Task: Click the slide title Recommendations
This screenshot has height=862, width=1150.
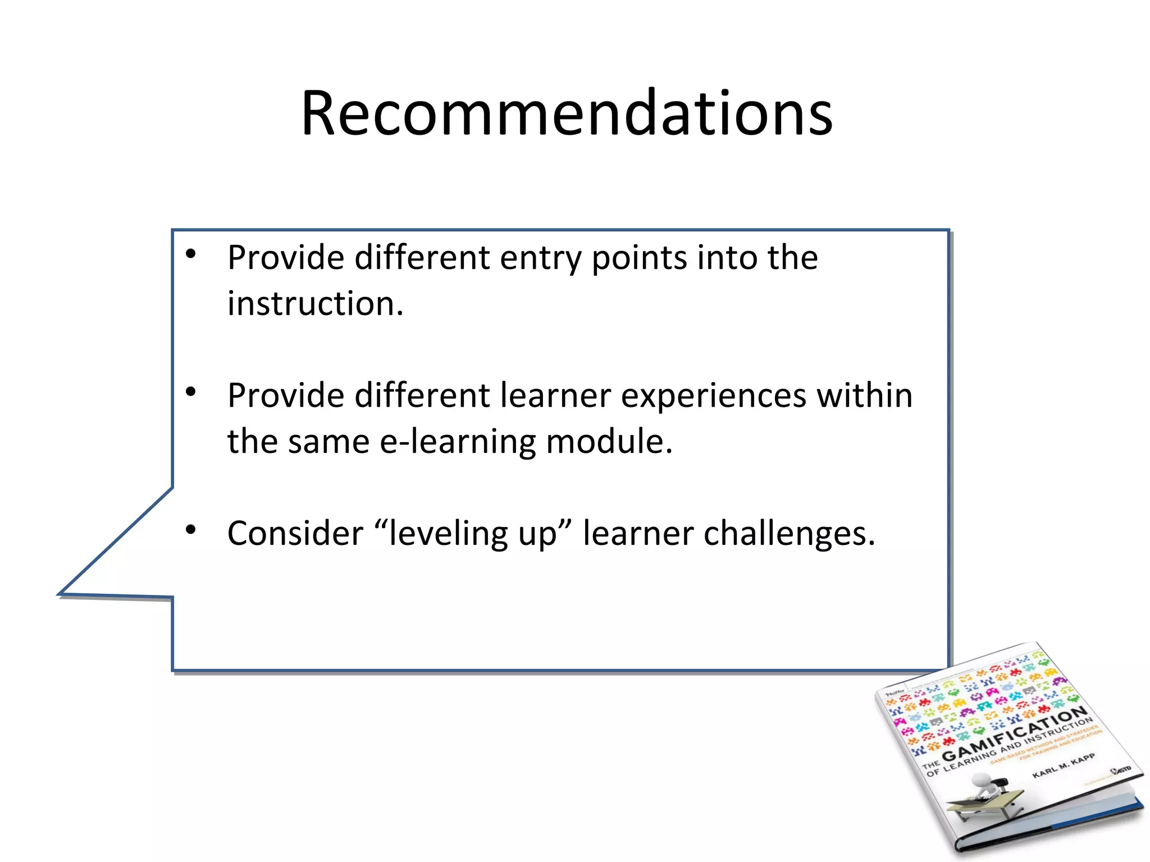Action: [x=567, y=113]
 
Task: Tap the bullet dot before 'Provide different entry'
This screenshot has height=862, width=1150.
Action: [x=191, y=254]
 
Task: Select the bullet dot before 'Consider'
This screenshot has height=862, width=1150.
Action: [x=191, y=529]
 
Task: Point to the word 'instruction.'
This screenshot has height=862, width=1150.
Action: [x=316, y=304]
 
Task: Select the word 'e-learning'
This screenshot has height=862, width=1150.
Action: [x=458, y=442]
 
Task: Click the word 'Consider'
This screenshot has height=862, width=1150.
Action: [x=295, y=533]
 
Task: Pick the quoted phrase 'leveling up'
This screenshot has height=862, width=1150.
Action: [x=472, y=533]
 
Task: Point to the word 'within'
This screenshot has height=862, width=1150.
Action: [x=864, y=395]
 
